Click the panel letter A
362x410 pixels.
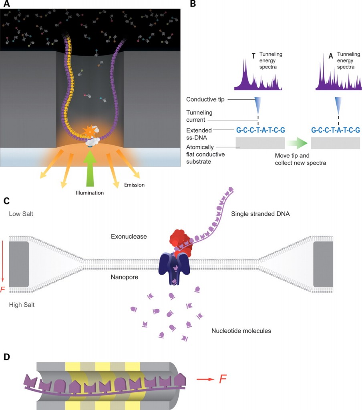[x=6, y=4]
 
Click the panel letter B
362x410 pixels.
[x=193, y=4]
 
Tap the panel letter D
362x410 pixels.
[x=6, y=357]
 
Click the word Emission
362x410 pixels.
[x=134, y=185]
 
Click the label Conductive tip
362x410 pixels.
[x=205, y=99]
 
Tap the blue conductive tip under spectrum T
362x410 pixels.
[x=258, y=105]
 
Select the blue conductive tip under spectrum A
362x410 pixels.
[x=338, y=105]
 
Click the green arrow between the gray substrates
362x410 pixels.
[x=297, y=143]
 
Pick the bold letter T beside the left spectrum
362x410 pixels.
[x=253, y=56]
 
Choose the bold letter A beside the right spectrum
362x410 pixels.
[x=331, y=56]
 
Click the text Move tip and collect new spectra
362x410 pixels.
[x=301, y=159]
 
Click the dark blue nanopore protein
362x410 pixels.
[x=174, y=268]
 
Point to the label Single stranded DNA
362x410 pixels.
[x=260, y=214]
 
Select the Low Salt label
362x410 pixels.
[x=21, y=214]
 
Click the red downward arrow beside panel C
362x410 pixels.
[x=3, y=262]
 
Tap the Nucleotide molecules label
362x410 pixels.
[x=241, y=331]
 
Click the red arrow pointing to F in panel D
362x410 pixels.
[x=205, y=379]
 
